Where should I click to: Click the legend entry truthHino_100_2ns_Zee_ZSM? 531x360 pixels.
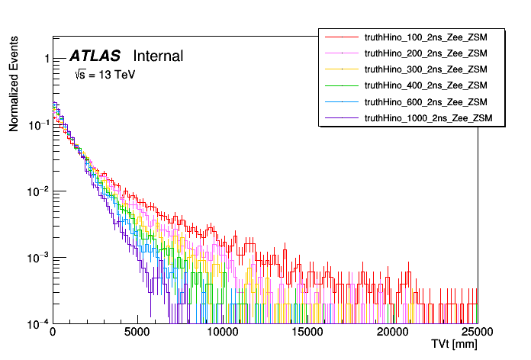425,37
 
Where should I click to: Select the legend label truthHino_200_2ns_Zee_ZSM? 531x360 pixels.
425,53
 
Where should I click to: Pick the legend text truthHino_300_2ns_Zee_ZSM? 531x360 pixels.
425,69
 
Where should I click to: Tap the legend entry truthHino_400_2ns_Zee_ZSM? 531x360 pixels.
425,85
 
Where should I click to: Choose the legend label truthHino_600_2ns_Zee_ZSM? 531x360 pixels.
425,101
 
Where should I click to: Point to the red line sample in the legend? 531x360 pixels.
342,37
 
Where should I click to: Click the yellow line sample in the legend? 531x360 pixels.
342,69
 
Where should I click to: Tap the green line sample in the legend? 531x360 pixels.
342,85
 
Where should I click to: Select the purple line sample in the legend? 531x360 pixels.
342,117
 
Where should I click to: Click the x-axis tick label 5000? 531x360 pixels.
137,333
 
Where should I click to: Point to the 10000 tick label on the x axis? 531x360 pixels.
222,333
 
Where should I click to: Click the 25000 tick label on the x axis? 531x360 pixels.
477,333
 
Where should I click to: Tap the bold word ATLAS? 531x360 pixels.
95,56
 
